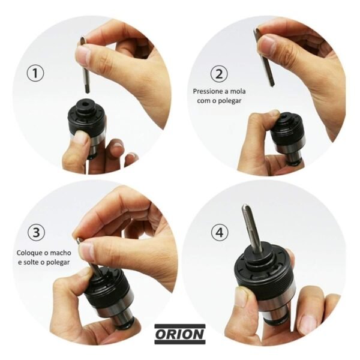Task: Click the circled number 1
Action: click(x=35, y=73)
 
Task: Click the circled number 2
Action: click(x=219, y=74)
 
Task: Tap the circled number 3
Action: click(x=36, y=232)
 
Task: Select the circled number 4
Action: click(x=220, y=232)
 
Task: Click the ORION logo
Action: click(x=180, y=334)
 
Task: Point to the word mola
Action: click(x=238, y=91)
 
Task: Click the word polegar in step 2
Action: click(x=230, y=101)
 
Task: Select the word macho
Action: click(x=61, y=253)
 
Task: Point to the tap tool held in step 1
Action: click(x=85, y=65)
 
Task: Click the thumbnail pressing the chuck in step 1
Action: click(x=81, y=137)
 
